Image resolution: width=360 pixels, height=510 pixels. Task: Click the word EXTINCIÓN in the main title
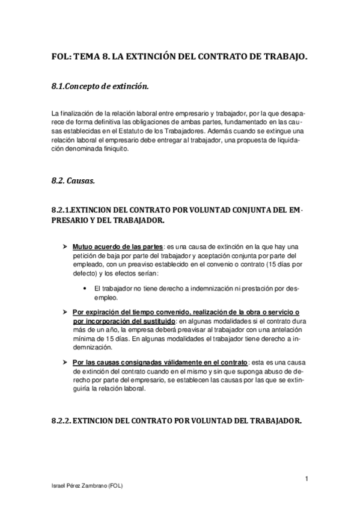(x=150, y=57)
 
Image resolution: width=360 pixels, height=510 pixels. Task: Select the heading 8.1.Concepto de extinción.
(x=100, y=87)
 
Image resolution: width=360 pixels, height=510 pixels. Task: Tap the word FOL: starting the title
(x=61, y=57)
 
